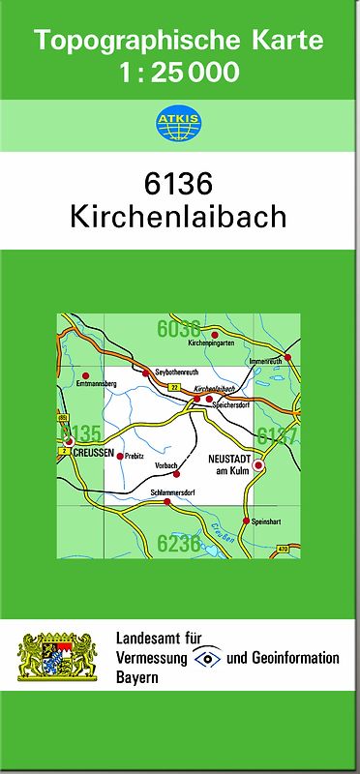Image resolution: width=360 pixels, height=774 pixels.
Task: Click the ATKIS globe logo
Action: [x=179, y=123]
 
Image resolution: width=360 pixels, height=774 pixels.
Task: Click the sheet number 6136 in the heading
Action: [x=179, y=183]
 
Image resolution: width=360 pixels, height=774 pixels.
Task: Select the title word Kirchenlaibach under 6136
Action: [x=179, y=216]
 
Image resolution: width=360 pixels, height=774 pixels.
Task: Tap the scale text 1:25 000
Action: [x=179, y=72]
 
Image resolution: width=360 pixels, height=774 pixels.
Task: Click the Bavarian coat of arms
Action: [x=58, y=656]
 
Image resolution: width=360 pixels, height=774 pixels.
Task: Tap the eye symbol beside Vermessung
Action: [x=206, y=658]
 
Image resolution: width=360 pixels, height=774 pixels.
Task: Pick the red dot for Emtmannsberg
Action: [x=85, y=375]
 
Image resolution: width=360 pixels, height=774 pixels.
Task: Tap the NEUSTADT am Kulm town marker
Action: [x=258, y=465]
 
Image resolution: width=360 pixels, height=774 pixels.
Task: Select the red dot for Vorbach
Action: [x=177, y=474]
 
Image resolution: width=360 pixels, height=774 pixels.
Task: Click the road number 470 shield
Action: [x=283, y=550]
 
